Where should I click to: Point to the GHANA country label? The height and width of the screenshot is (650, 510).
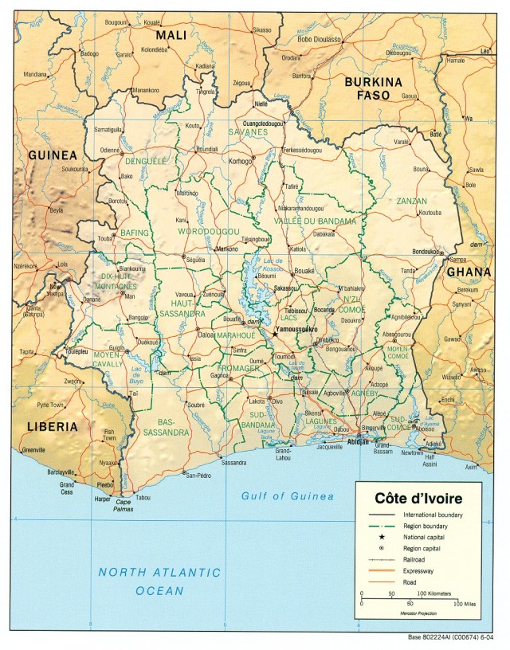tap(469, 272)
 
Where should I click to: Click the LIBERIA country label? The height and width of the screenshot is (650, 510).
tap(53, 426)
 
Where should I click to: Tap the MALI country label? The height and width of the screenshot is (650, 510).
tap(171, 35)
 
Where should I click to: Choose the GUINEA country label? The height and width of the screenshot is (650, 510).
tap(53, 155)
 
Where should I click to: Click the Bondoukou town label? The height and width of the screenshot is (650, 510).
tap(426, 252)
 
